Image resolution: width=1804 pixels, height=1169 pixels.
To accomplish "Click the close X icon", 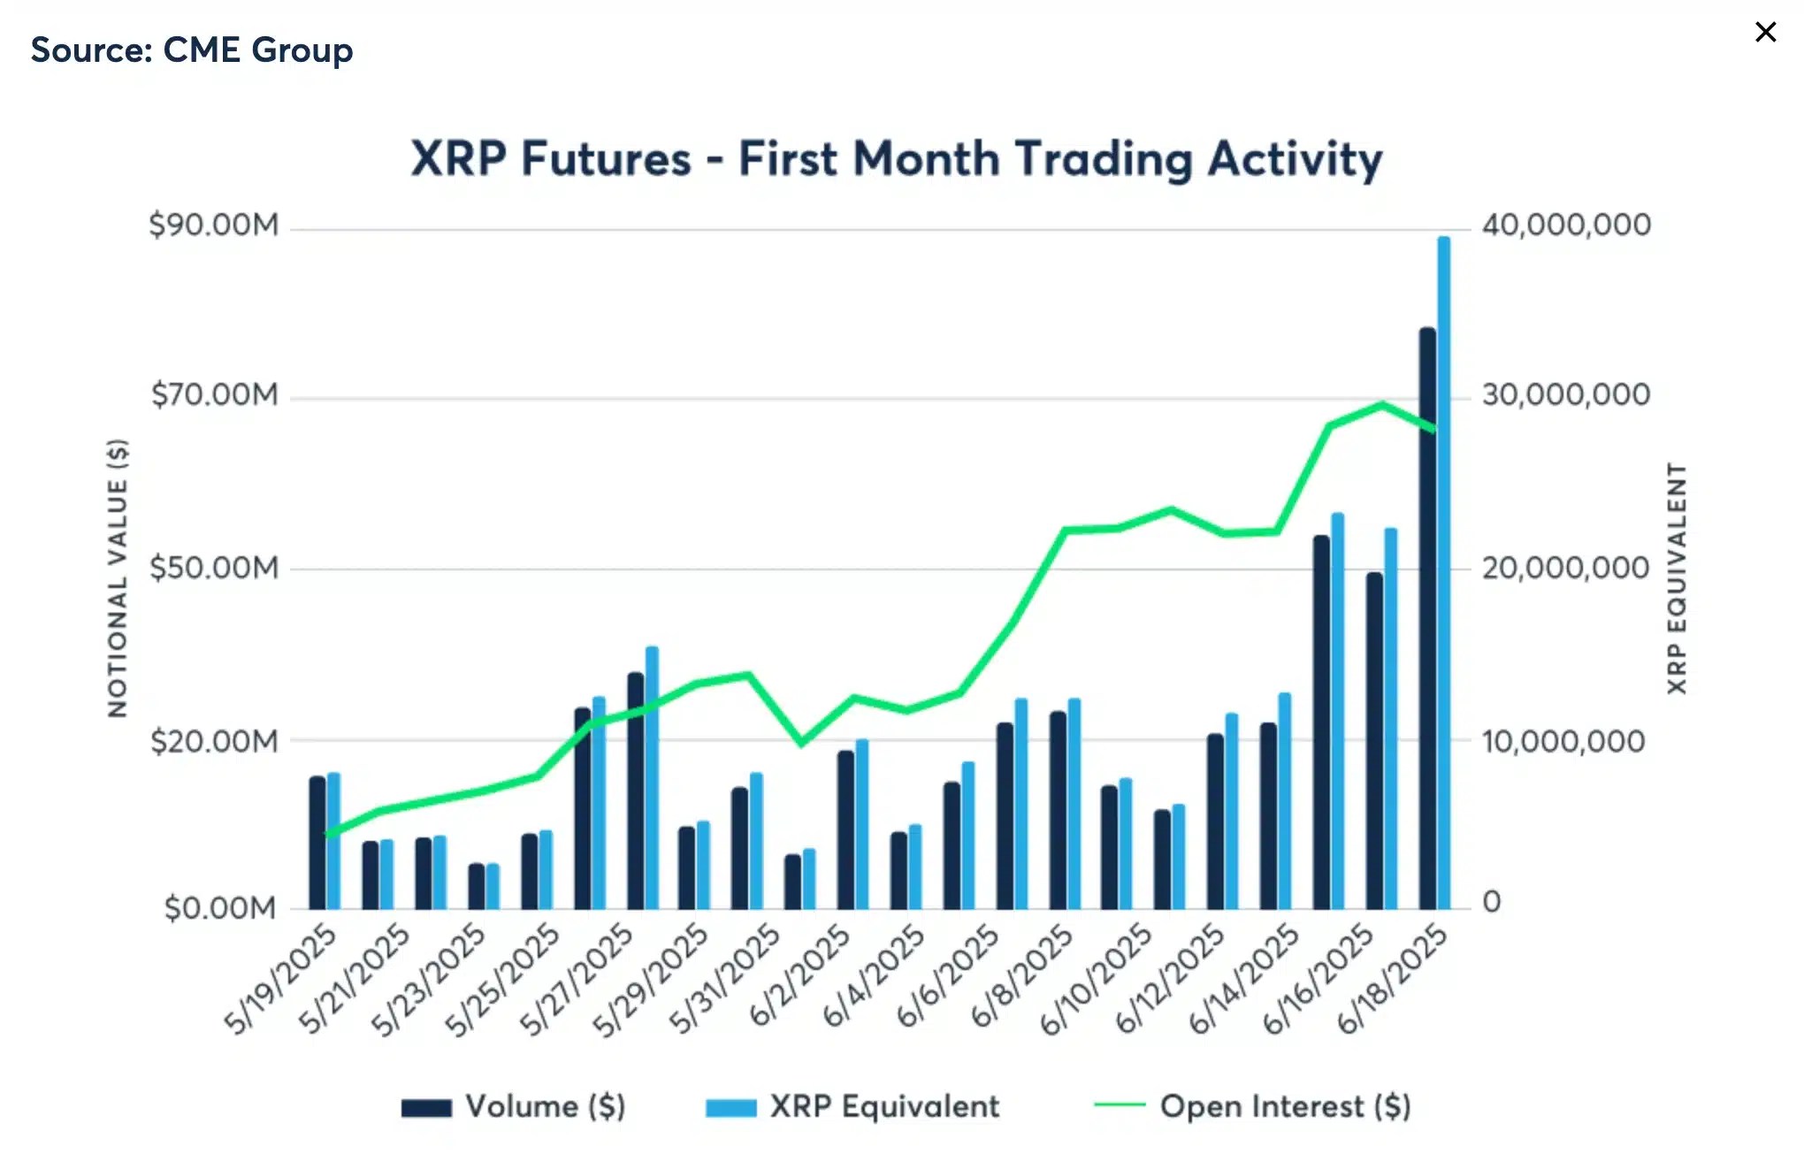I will (1765, 33).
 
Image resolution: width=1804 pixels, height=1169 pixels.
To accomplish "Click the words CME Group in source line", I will (257, 50).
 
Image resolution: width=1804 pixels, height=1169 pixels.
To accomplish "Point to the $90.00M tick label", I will (213, 225).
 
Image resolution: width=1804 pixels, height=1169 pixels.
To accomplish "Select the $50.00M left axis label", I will (213, 568).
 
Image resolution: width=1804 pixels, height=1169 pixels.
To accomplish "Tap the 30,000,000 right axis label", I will (1565, 394).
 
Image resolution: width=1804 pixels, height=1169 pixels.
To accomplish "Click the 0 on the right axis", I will (1491, 902).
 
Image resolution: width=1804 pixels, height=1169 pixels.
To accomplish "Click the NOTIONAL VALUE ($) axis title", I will (118, 577).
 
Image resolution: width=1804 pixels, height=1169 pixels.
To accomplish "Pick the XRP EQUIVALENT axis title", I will (1677, 577).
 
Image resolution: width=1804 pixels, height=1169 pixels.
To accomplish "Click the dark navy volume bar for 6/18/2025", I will (1426, 619).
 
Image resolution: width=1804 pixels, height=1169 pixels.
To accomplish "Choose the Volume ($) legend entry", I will (514, 1107).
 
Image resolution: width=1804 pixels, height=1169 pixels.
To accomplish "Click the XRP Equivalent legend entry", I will (852, 1107).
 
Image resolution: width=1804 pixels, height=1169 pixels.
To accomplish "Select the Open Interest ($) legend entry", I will (1252, 1107).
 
